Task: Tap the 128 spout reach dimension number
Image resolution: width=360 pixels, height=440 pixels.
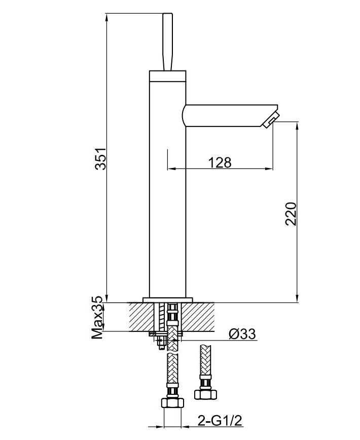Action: point(220,162)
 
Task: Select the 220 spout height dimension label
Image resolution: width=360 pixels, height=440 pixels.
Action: point(291,214)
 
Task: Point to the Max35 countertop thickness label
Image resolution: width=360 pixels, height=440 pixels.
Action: point(98,317)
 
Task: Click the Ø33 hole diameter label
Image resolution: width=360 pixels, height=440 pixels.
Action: point(242,334)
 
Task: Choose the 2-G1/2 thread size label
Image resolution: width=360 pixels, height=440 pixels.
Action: point(220,421)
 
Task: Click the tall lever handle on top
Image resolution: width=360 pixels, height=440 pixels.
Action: point(167,42)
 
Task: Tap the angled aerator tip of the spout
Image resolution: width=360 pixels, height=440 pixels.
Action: point(271,120)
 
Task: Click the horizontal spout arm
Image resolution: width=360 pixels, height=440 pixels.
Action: point(228,116)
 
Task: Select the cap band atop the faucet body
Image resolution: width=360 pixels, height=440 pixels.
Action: point(167,76)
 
